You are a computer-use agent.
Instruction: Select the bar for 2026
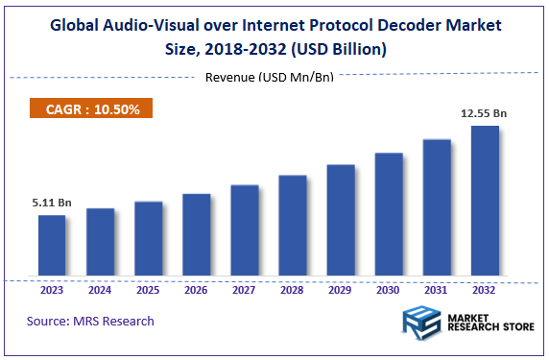pyautogui.click(x=196, y=236)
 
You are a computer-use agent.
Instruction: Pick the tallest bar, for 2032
pyautogui.click(x=485, y=203)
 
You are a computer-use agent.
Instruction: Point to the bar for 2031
pyautogui.click(x=437, y=209)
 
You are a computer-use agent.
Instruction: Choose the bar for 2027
pyautogui.click(x=245, y=231)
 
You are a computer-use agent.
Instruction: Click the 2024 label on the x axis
pyautogui.click(x=100, y=290)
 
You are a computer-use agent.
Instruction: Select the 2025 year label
pyautogui.click(x=148, y=290)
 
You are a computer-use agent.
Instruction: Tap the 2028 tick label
pyautogui.click(x=293, y=290)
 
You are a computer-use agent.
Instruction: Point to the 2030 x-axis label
pyautogui.click(x=389, y=290)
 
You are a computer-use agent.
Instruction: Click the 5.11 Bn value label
pyautogui.click(x=52, y=204)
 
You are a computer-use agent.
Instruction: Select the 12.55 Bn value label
pyautogui.click(x=484, y=114)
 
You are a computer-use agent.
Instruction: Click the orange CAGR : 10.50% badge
pyautogui.click(x=92, y=109)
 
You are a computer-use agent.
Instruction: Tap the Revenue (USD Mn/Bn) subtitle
pyautogui.click(x=270, y=77)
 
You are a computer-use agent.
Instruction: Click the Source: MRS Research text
pyautogui.click(x=90, y=321)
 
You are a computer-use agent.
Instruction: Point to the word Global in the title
pyautogui.click(x=81, y=24)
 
